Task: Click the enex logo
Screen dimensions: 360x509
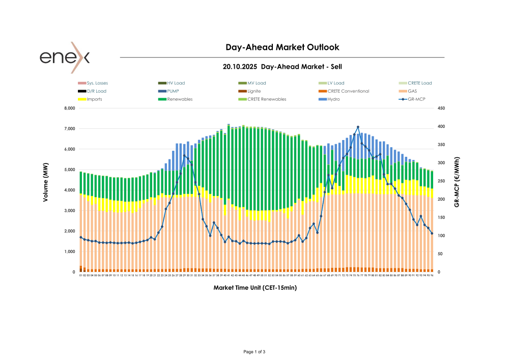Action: pos(65,57)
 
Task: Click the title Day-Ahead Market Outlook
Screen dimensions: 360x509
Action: pos(282,47)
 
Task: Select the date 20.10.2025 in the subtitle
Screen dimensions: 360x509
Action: pos(242,67)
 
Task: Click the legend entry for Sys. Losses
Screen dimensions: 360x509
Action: pos(97,83)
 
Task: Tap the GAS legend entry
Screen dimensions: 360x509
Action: pos(412,91)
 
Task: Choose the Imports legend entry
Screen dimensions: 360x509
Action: pos(94,99)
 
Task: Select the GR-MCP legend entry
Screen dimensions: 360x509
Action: pos(417,99)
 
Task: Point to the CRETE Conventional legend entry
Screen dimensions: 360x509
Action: pos(348,91)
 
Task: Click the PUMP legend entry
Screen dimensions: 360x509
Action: pos(173,91)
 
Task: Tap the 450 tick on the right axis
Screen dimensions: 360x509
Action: pos(441,108)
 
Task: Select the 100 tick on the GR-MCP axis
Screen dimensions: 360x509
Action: pos(441,236)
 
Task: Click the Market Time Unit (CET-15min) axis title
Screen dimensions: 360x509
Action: pos(255,288)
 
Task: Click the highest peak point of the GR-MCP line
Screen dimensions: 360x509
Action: pos(358,127)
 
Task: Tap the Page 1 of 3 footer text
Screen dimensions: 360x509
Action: pos(254,352)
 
